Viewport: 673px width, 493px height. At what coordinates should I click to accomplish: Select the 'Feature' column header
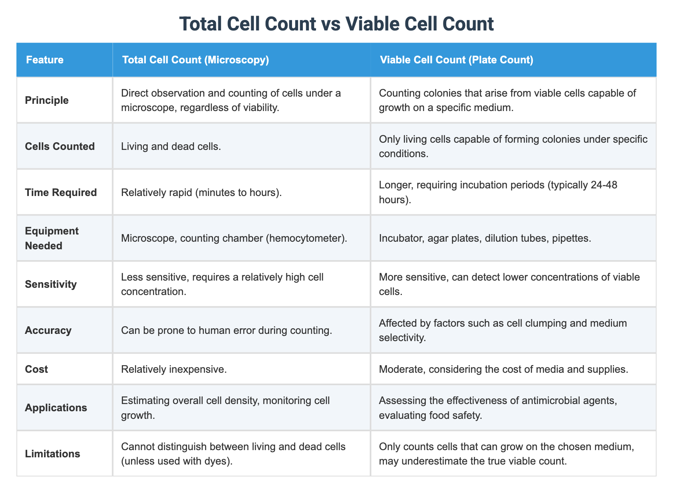44,60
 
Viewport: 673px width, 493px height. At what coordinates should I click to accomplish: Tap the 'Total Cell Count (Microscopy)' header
195,60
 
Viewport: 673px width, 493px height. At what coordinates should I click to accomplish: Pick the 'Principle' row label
46,100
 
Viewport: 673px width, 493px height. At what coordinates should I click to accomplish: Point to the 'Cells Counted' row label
60,146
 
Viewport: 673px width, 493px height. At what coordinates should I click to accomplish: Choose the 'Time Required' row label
60,192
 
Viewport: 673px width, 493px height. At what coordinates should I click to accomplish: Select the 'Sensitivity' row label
50,284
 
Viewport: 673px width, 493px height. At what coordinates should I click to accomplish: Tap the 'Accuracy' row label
48,330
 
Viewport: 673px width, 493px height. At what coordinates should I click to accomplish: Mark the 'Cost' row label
36,369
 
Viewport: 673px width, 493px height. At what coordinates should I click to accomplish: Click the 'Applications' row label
56,408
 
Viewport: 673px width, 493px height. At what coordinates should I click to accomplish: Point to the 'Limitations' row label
52,454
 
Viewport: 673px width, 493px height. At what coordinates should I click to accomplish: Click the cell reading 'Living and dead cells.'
170,146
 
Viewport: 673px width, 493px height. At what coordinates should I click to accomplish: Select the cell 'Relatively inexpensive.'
174,369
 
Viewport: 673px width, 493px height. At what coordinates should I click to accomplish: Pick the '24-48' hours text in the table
598,185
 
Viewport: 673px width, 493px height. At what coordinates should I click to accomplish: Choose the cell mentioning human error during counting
226,330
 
